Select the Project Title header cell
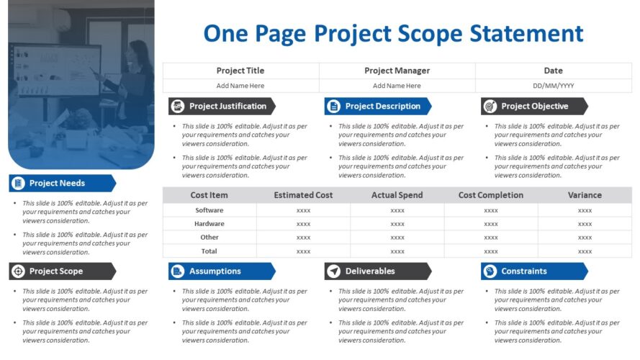coord(240,71)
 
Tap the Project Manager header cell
coord(397,71)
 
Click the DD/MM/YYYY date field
coord(553,86)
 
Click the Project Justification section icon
coord(177,107)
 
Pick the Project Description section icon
coord(333,107)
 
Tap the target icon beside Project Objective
coord(490,107)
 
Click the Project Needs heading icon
coord(17,184)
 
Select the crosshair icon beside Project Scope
coord(17,271)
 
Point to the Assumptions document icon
coord(177,271)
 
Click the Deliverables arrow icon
coord(333,271)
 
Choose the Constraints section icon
coord(490,271)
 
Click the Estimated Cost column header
coord(303,195)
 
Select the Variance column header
coord(585,195)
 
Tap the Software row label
coord(209,210)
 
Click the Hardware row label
coord(209,224)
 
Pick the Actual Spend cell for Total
coord(397,251)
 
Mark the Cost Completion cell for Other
coord(490,238)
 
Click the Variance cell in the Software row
coord(585,210)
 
